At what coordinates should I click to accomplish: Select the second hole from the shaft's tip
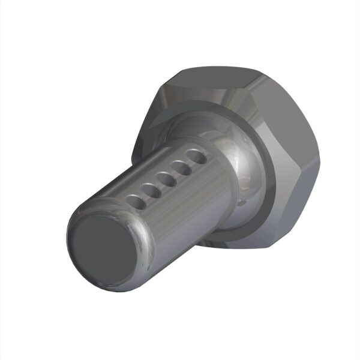tap(151, 191)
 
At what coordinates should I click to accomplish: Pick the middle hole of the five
tap(166, 179)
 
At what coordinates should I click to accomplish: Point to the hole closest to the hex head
tap(195, 157)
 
